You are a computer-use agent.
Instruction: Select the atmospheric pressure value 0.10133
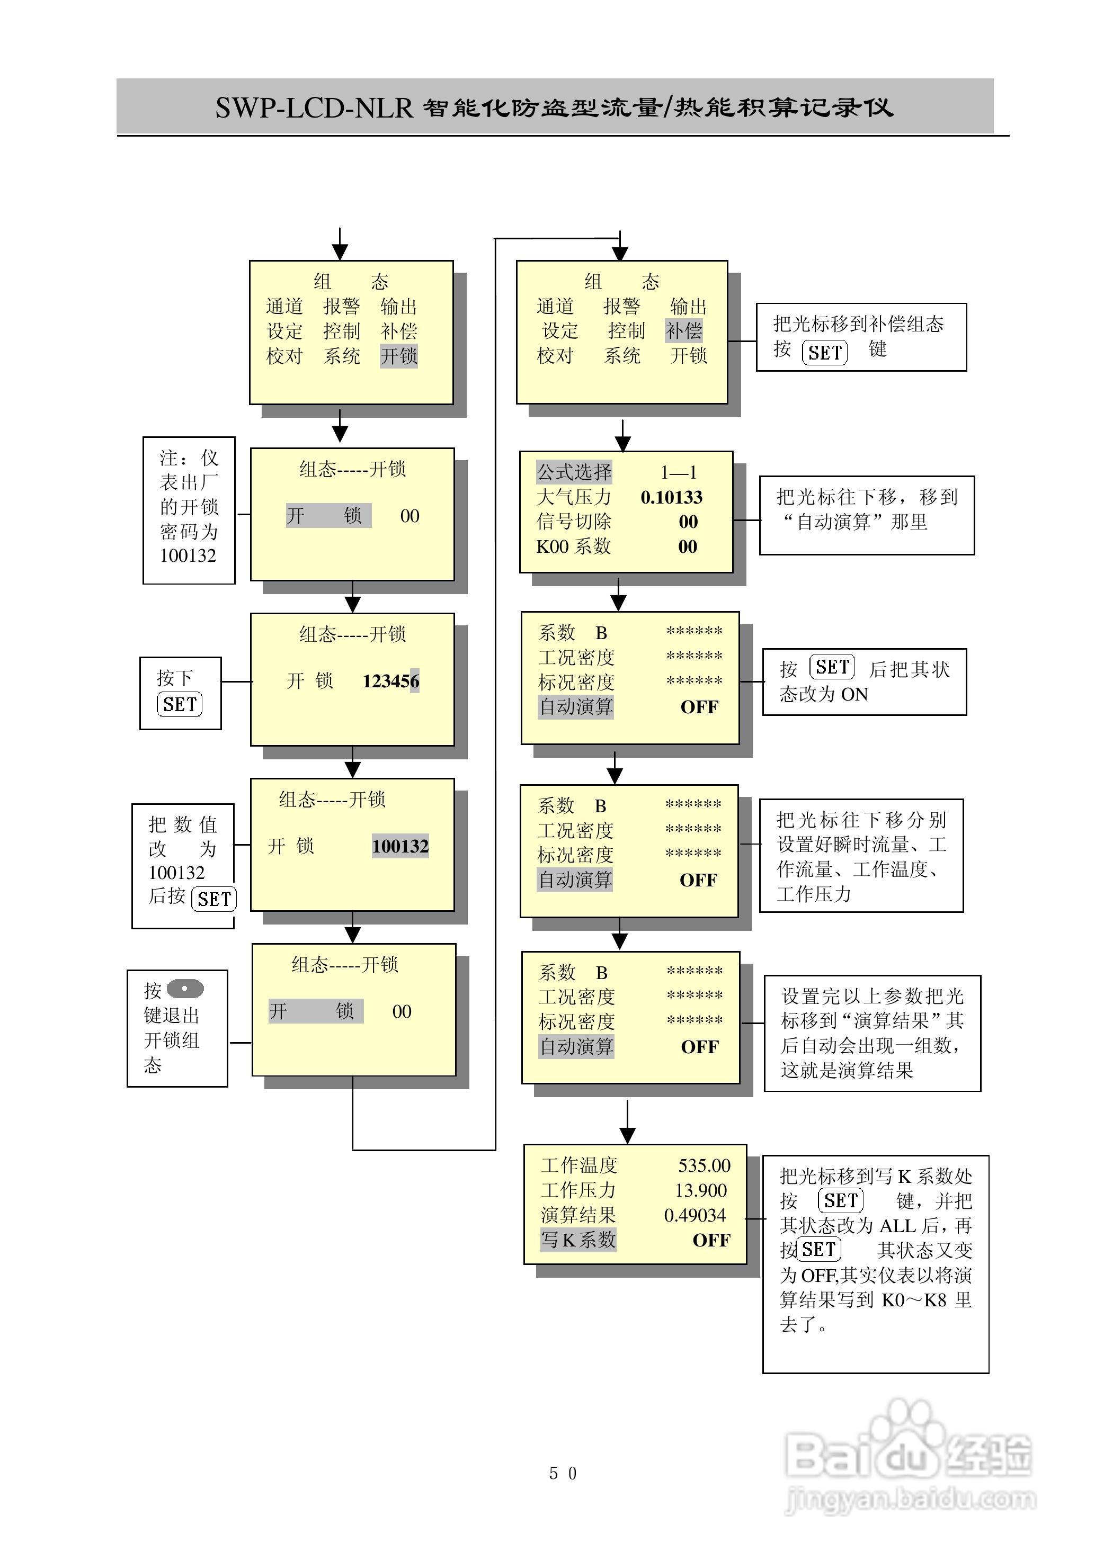(671, 497)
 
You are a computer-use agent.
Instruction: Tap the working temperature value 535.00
(704, 1165)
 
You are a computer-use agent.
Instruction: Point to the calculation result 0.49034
(695, 1215)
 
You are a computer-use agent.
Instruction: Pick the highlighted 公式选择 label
(574, 472)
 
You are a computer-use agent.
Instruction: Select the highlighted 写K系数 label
(578, 1240)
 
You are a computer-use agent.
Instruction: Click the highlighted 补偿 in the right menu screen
(683, 331)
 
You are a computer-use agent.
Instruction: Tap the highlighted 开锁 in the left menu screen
(398, 356)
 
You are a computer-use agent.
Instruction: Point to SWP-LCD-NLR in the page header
(314, 107)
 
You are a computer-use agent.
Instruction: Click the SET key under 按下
(180, 704)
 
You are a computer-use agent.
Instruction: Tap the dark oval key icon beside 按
(185, 989)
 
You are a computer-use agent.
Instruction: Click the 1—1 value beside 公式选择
(678, 472)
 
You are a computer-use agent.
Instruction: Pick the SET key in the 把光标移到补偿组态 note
(824, 353)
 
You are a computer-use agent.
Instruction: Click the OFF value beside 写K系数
(711, 1240)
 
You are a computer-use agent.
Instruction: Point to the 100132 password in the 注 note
(188, 555)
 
